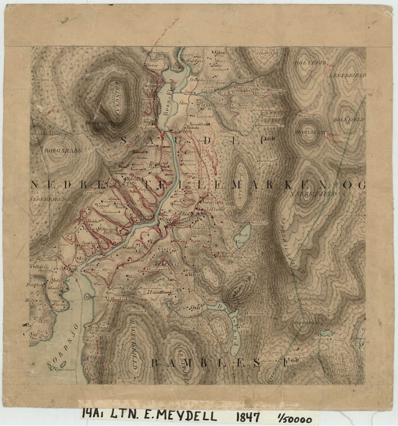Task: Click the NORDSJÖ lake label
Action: coord(63,348)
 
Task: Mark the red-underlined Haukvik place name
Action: coord(118,300)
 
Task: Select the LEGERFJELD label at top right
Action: coord(347,76)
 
